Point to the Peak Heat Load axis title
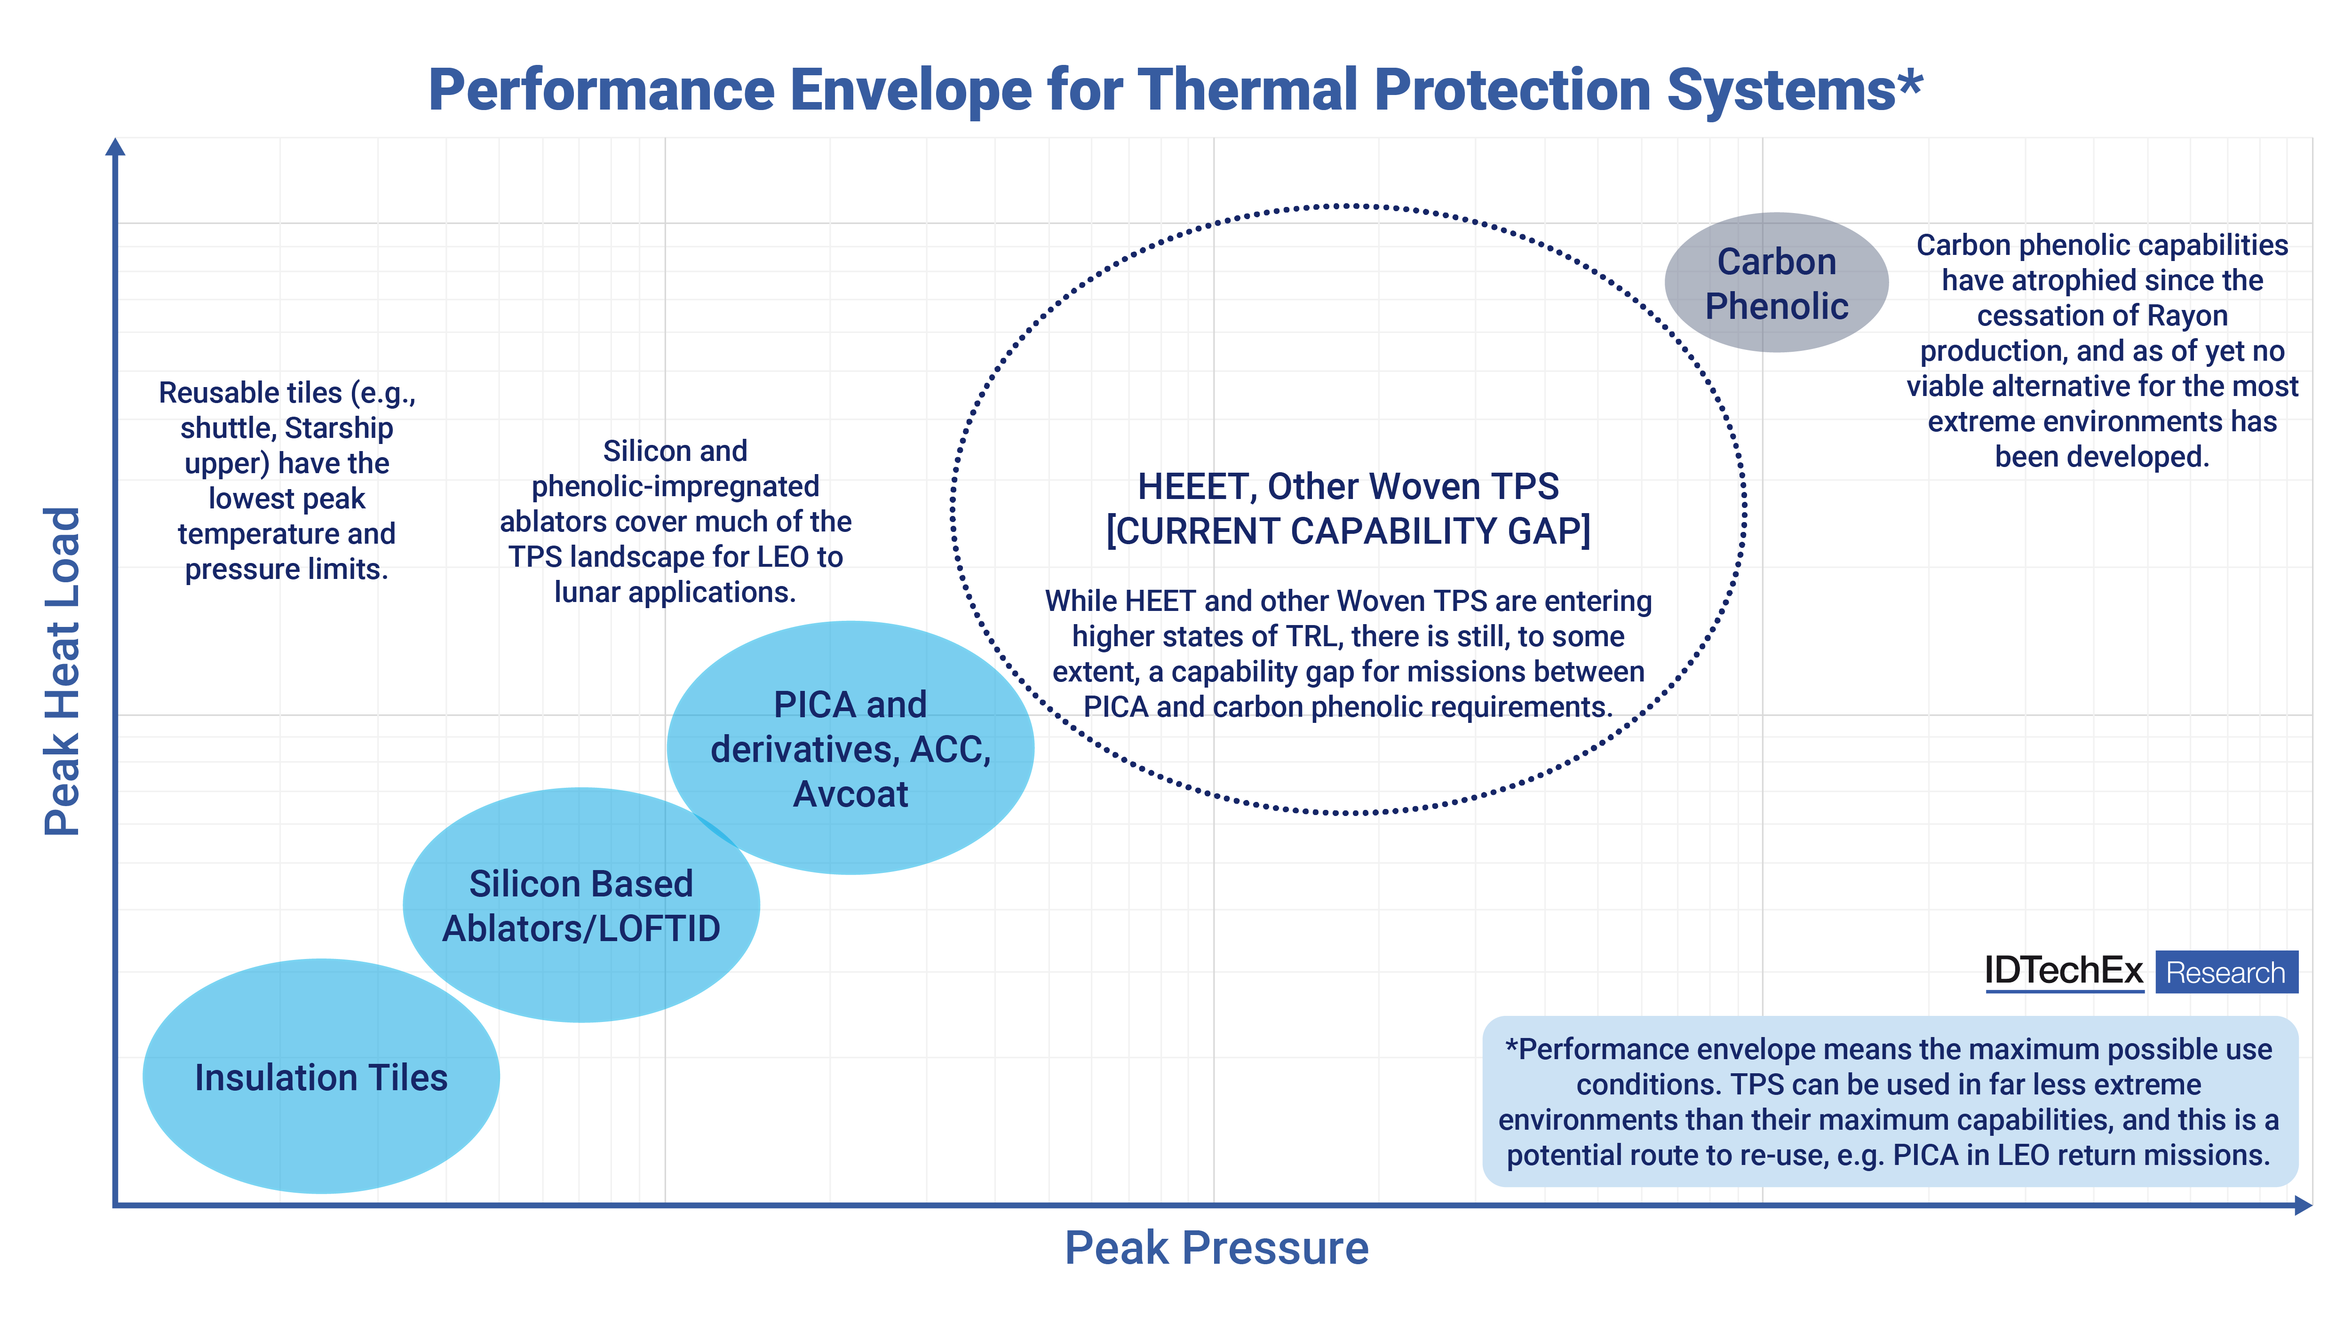click(62, 671)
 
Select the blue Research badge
click(2226, 973)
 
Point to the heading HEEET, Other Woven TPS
click(1348, 487)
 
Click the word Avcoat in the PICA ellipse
click(850, 794)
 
